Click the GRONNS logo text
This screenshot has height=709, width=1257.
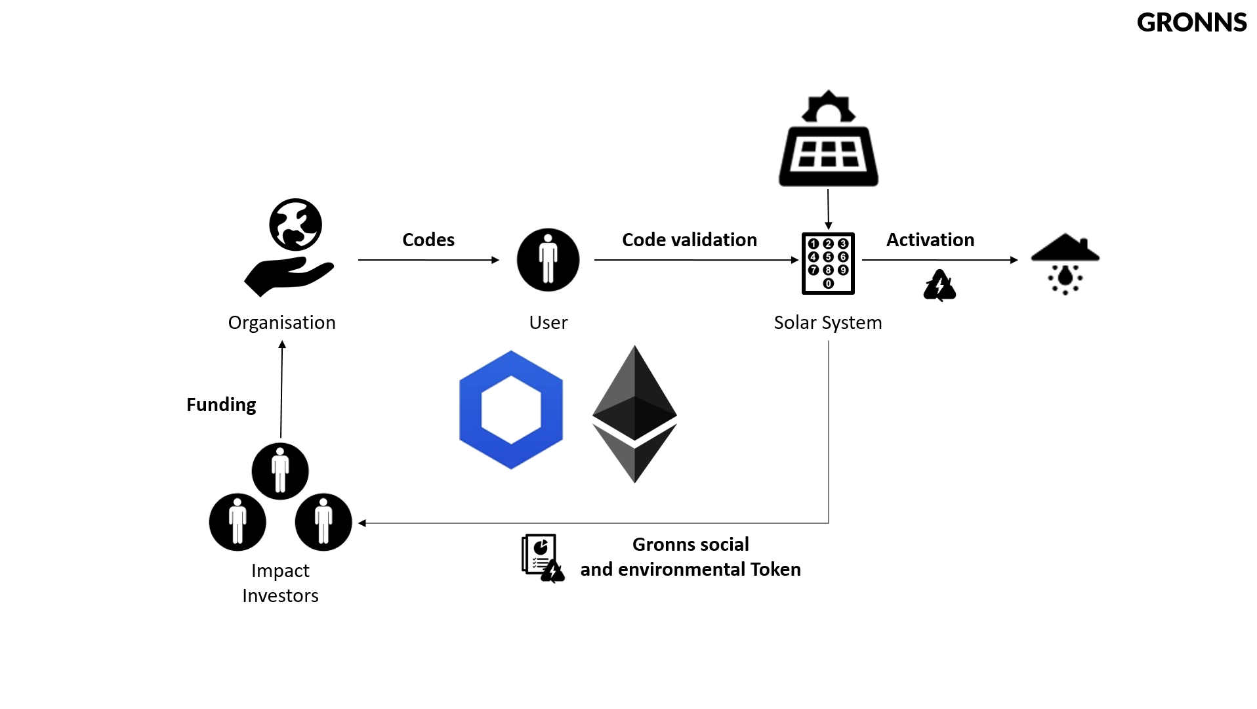pos(1191,22)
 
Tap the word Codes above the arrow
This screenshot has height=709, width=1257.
pos(428,240)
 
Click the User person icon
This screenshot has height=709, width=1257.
pos(548,260)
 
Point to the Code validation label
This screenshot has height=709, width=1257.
pos(690,240)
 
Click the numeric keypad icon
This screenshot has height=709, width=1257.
pos(828,263)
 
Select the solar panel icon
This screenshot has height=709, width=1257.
pos(829,139)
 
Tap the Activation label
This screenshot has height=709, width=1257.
pos(930,240)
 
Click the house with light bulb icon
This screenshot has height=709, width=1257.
pos(1065,264)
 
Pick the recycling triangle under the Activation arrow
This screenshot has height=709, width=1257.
pos(939,286)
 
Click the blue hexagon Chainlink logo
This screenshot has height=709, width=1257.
pos(511,410)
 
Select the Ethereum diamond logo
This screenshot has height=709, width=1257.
pos(634,414)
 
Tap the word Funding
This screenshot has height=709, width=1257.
pos(221,404)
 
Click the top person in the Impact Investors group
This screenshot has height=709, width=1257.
pos(280,471)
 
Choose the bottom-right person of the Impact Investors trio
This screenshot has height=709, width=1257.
pos(323,522)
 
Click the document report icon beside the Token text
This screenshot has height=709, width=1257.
pos(543,558)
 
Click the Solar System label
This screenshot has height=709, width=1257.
pos(828,322)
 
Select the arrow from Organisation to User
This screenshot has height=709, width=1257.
pos(428,260)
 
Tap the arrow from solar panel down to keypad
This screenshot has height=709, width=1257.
pos(828,209)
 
